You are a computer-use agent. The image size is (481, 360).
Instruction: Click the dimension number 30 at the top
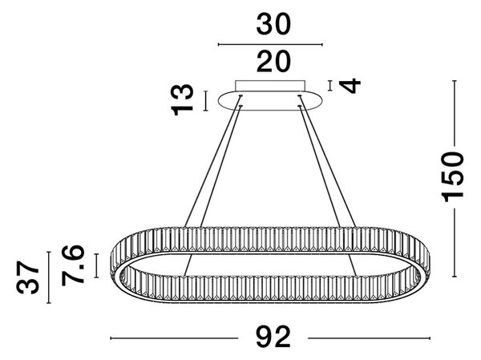click(x=273, y=25)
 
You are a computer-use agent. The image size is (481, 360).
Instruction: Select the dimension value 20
click(x=273, y=62)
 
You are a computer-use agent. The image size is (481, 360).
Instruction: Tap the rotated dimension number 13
click(x=183, y=100)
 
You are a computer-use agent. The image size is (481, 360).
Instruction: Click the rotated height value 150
click(x=452, y=177)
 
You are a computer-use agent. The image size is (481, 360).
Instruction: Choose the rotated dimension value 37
click(x=27, y=277)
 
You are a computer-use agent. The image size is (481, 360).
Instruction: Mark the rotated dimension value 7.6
click(x=73, y=265)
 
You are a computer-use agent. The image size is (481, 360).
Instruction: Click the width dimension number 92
click(x=273, y=337)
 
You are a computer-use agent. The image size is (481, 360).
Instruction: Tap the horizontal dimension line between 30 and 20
click(x=270, y=45)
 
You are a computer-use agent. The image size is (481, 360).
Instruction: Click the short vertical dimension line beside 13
click(x=206, y=101)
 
